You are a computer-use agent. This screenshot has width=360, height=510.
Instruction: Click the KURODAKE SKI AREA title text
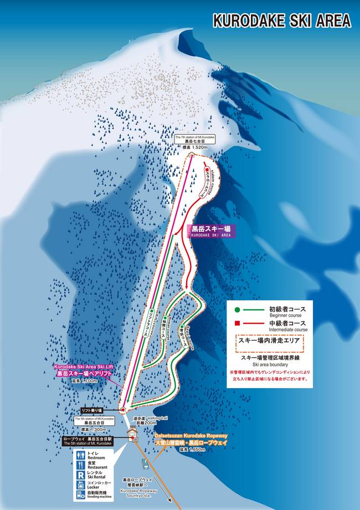pos(282,21)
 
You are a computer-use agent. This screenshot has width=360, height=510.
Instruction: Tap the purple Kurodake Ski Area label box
pos(210,231)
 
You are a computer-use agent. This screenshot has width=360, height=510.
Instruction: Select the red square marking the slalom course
pos(206,170)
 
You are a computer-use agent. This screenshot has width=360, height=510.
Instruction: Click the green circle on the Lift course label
pos(150,311)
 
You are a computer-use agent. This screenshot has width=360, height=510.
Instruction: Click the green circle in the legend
pos(237,310)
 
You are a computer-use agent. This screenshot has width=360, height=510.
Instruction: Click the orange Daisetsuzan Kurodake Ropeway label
pos(191,441)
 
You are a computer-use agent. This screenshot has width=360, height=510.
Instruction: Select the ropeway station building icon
pos(132,434)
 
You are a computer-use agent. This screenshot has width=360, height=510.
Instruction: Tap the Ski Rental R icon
pos(81,475)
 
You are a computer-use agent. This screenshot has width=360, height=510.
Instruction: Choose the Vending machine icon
pos(81,494)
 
